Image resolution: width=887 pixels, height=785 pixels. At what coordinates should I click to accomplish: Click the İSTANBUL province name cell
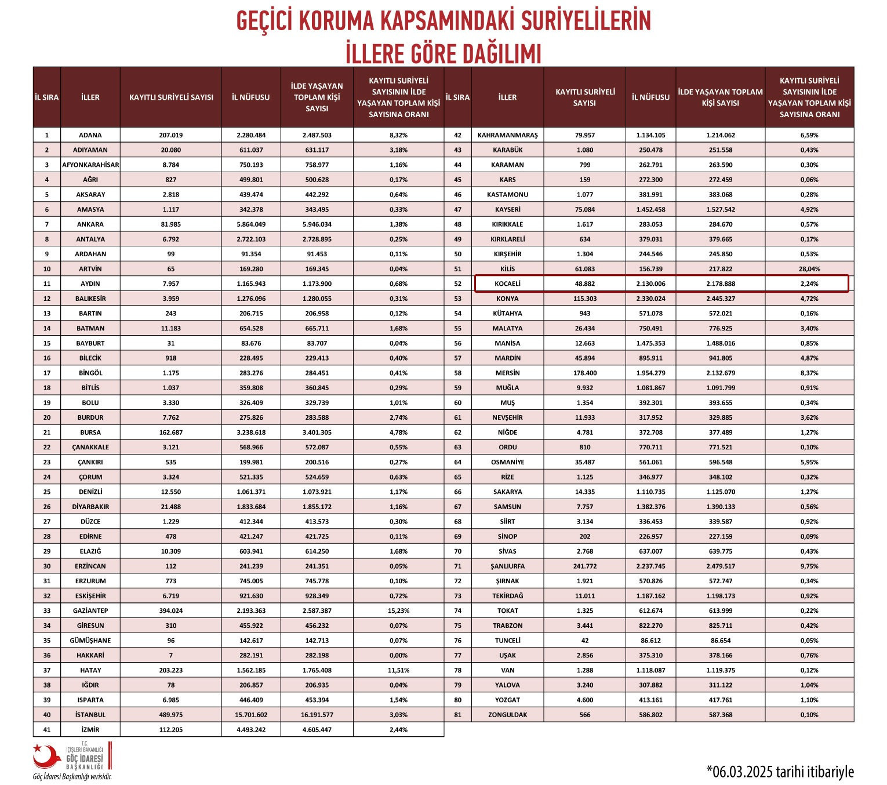[x=90, y=715]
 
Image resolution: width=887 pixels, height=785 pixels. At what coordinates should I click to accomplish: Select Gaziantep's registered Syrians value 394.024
[x=170, y=610]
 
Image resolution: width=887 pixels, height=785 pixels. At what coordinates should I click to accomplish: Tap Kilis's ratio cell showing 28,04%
[x=809, y=269]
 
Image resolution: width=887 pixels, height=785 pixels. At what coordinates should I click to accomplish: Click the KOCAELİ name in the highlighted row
[x=507, y=284]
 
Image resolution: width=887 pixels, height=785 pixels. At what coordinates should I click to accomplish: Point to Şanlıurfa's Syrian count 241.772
[x=584, y=566]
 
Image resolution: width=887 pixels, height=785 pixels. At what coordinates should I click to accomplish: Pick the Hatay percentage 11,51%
[x=398, y=670]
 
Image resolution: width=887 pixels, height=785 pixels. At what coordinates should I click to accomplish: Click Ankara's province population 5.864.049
[x=251, y=224]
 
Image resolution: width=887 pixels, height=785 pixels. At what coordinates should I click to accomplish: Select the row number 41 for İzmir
[x=47, y=730]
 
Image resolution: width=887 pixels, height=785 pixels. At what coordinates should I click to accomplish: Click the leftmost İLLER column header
[x=90, y=97]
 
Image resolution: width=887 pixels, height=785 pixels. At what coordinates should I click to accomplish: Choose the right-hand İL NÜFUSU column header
[x=650, y=97]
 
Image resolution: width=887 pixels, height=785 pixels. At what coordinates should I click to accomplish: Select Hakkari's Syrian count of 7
[x=170, y=655]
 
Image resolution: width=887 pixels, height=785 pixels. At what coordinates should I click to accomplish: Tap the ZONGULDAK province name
[x=507, y=715]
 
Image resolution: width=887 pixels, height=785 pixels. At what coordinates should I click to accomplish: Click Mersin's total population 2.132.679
[x=720, y=373]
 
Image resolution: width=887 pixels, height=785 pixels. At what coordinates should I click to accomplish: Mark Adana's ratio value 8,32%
[x=398, y=135]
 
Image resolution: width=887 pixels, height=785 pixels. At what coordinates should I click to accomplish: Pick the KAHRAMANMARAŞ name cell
[x=507, y=135]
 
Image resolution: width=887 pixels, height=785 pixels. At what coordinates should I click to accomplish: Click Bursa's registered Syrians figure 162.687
[x=170, y=433]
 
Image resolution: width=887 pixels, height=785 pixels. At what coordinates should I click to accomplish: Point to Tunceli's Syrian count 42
[x=584, y=641]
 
